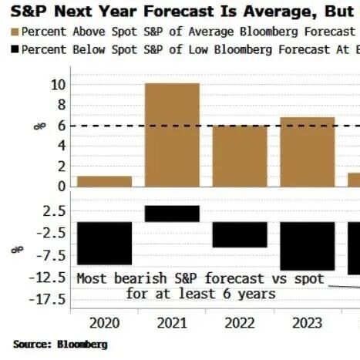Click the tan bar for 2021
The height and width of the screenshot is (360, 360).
point(172,135)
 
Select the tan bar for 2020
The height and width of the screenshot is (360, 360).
point(105,181)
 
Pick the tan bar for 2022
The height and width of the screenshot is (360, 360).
point(240,156)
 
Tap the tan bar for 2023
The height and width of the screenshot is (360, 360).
point(308,152)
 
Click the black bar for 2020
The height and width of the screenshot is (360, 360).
point(105,244)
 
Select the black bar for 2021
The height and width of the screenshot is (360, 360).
point(172,214)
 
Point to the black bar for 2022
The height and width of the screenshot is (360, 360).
point(240,234)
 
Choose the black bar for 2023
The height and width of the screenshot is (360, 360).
point(308,246)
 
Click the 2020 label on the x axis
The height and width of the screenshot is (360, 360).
point(105,323)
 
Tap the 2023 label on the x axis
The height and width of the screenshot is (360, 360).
point(308,323)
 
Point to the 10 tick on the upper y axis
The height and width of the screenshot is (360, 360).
point(59,85)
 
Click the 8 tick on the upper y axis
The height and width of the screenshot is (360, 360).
point(62,105)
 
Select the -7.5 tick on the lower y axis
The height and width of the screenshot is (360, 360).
point(51,256)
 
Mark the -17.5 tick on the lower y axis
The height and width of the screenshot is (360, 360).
point(47,300)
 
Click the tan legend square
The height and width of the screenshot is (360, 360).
point(15,32)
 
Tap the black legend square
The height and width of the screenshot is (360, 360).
point(15,49)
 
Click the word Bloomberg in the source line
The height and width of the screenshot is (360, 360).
point(82,345)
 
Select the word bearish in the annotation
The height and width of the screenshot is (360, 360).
point(140,278)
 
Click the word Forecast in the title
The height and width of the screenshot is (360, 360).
point(179,12)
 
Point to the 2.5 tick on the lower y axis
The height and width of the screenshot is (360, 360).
point(55,211)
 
